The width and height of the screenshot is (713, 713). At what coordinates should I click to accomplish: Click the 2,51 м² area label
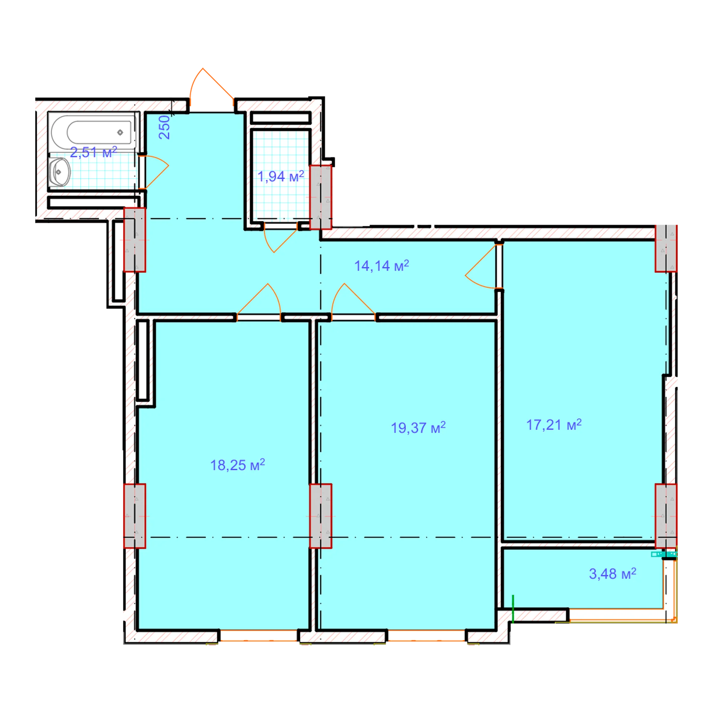[94, 152]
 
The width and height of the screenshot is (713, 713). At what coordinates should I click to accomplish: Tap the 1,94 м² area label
[281, 176]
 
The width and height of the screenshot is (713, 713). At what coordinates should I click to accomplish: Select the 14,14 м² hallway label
[381, 266]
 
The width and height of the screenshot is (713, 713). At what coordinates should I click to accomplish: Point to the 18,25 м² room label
[238, 465]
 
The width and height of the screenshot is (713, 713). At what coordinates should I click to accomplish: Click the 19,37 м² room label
[418, 428]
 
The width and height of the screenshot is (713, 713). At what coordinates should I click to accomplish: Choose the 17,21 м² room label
[554, 425]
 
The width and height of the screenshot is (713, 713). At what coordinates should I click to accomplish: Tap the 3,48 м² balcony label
[612, 574]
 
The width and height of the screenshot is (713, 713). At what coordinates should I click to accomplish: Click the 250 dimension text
[164, 127]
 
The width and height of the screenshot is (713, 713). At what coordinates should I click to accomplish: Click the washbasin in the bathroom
[59, 172]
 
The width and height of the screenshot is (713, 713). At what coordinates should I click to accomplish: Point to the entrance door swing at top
[211, 86]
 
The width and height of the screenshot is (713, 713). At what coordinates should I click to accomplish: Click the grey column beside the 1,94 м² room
[320, 197]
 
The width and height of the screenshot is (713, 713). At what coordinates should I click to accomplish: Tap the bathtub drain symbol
[120, 133]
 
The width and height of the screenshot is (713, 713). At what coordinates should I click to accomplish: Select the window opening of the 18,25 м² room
[258, 635]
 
